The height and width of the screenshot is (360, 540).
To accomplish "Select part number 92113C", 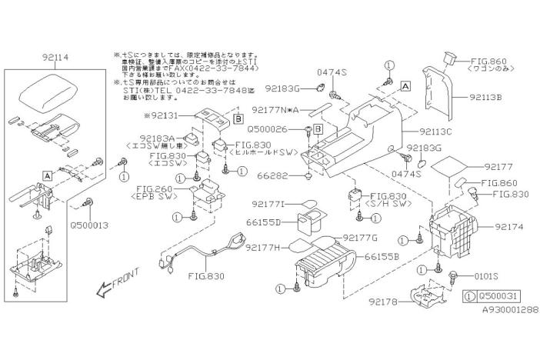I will (x=437, y=132).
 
